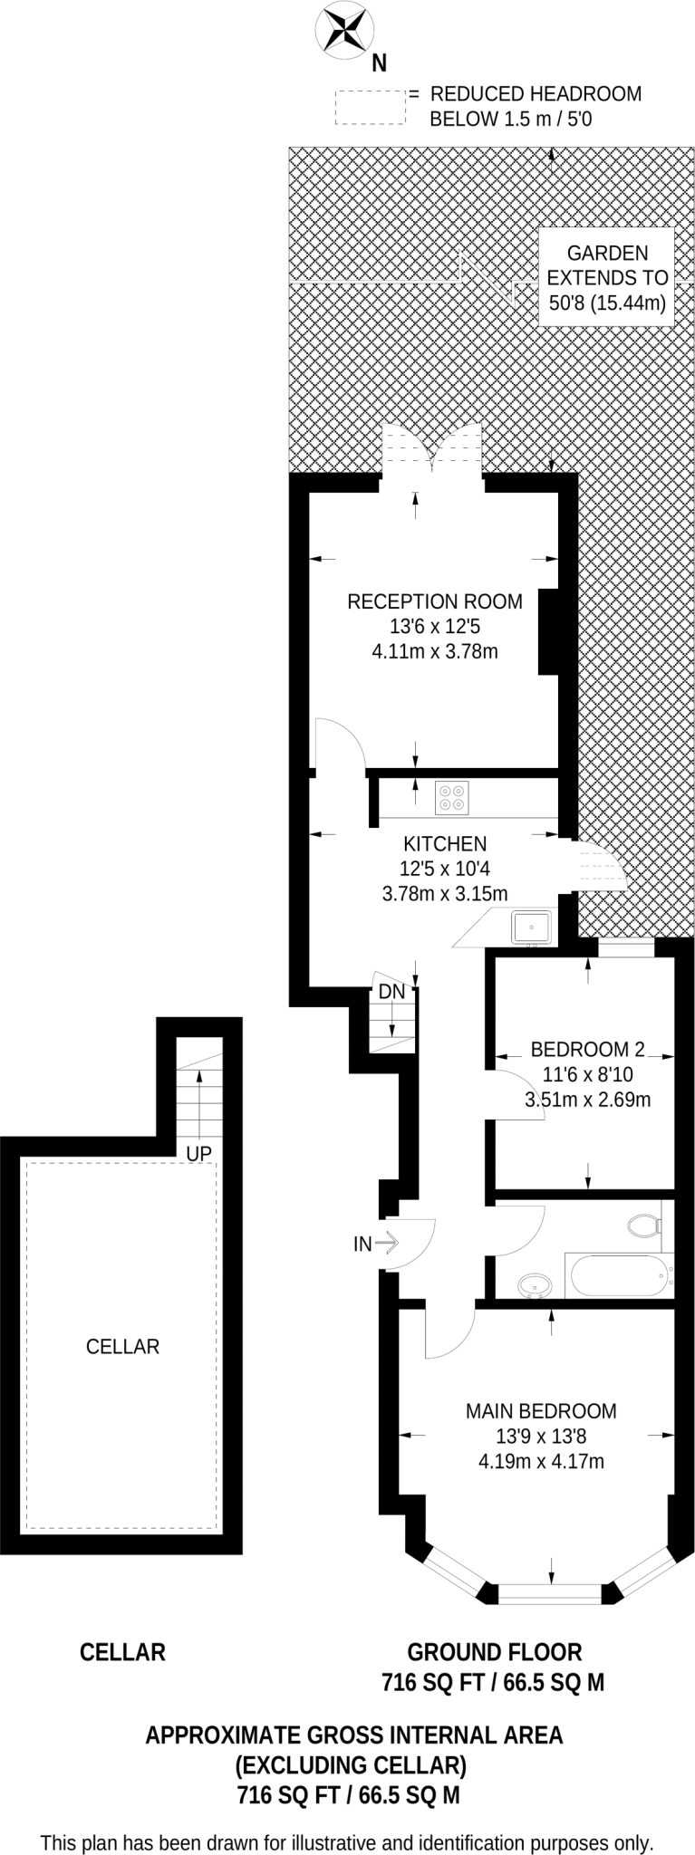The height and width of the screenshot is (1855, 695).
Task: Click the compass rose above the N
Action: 344,29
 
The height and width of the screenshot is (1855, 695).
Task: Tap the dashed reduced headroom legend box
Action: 370,107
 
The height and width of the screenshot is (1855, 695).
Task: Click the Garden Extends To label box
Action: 607,278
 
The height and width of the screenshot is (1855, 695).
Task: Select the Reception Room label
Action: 435,601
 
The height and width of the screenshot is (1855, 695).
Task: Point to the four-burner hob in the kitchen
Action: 450,796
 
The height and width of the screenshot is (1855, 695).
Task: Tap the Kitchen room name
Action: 445,843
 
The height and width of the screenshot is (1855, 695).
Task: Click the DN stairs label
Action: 391,992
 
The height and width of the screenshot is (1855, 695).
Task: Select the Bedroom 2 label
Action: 587,1049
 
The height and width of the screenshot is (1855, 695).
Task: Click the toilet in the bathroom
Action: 643,1225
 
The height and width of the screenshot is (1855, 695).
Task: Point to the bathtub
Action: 620,1276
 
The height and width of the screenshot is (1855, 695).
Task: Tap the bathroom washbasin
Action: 536,1284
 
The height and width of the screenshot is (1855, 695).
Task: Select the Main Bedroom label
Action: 541,1410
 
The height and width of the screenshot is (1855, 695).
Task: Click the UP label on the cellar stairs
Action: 198,1153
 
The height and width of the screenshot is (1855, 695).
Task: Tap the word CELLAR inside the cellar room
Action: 122,1347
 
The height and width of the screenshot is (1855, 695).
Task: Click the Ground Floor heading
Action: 494,1652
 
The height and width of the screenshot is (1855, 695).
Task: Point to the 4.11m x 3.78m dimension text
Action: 435,650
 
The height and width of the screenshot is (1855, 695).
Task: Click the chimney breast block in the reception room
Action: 550,631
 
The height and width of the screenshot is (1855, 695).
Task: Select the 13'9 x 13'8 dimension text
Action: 541,1436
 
